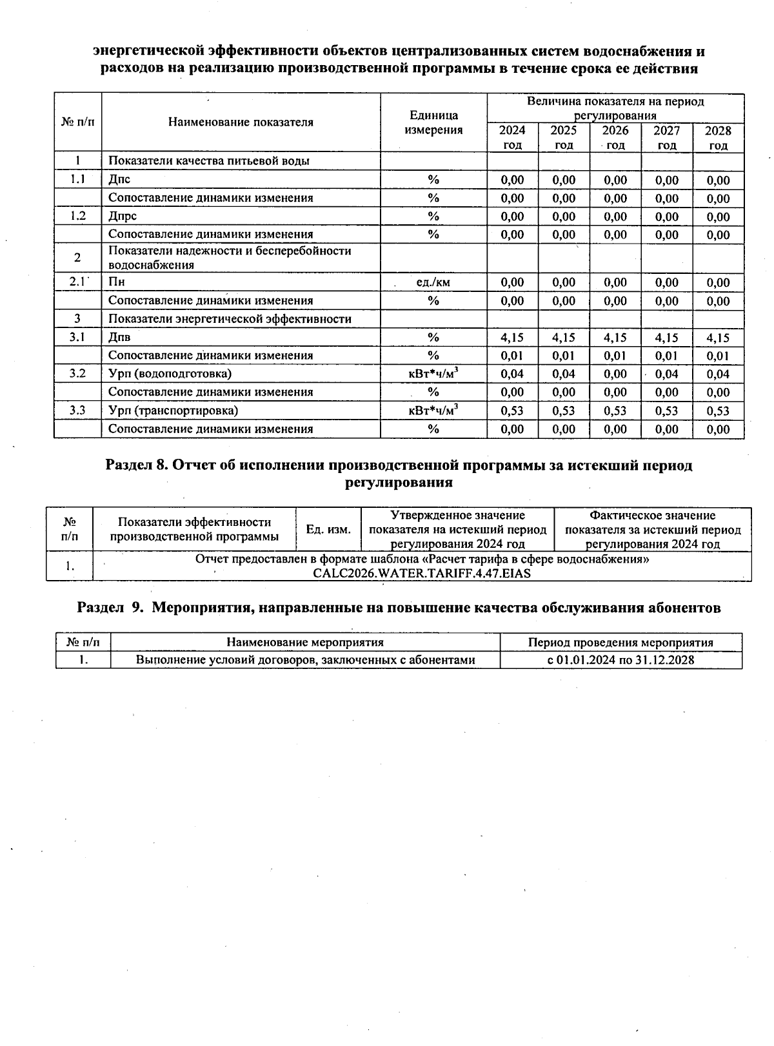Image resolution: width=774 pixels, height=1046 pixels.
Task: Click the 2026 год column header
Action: point(615,137)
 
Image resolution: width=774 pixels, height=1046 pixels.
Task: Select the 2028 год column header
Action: point(718,137)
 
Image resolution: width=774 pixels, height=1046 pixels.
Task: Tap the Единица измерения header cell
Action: point(433,122)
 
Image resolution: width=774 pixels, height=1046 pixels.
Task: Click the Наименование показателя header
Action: point(241,122)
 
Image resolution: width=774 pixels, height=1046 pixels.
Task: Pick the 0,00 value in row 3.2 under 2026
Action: point(615,374)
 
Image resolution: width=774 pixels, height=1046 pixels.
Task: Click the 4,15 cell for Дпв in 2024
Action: point(512,337)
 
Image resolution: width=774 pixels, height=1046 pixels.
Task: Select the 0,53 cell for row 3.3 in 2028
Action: point(718,411)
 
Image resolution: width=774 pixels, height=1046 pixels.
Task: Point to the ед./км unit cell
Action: point(433,282)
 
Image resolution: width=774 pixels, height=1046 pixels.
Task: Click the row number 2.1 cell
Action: point(77,282)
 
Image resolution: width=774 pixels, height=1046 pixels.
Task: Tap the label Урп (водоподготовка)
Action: point(170,374)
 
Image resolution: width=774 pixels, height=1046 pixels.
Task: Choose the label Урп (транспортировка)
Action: point(173,411)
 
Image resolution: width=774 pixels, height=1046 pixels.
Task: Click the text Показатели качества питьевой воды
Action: point(208,161)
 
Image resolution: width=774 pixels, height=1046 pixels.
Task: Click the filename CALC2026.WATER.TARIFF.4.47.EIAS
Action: point(422,573)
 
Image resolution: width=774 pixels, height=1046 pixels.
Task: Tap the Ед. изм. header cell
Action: point(328,529)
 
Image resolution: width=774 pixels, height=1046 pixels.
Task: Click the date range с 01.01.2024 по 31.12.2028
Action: point(620,660)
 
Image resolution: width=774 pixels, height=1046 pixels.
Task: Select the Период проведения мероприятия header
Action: point(620,643)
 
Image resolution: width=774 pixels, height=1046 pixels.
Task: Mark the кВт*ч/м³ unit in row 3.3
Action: point(433,410)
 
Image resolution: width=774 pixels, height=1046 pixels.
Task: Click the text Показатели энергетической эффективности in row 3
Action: point(230,319)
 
